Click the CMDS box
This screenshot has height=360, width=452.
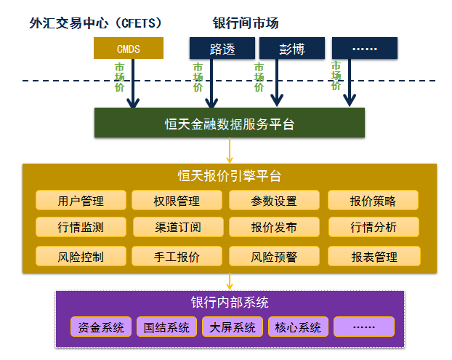[129, 49]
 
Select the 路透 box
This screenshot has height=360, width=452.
[222, 49]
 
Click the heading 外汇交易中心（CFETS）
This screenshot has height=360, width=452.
[95, 23]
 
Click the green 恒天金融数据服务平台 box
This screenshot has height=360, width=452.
[229, 123]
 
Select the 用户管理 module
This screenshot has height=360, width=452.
[81, 201]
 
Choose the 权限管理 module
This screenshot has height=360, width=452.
[177, 201]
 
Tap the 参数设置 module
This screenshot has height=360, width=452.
[274, 201]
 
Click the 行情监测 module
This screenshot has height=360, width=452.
[81, 227]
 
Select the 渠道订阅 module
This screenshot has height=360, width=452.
[177, 227]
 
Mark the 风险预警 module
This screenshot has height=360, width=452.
[274, 256]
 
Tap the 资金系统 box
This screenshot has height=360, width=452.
[102, 327]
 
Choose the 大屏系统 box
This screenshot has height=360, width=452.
[233, 327]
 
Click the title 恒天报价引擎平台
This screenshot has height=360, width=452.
[229, 176]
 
